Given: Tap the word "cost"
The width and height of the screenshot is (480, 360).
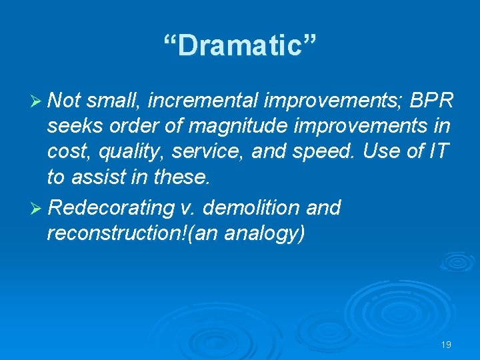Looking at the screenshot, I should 67,151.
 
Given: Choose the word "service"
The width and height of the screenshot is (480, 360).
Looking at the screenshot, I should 209,151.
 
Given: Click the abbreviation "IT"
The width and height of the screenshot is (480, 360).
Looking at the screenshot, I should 441,151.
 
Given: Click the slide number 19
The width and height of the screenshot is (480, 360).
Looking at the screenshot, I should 446,345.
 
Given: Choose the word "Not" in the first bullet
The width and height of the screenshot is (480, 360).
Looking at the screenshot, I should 64,101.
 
